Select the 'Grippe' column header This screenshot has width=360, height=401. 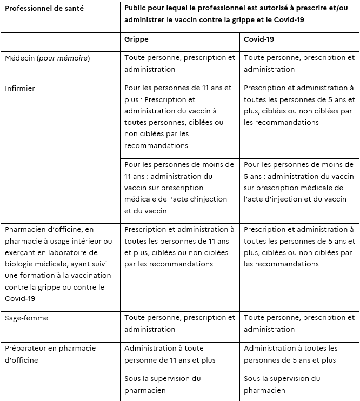coord(136,39)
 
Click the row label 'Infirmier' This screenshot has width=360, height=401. coord(19,88)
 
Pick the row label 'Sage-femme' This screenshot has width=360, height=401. coord(26,318)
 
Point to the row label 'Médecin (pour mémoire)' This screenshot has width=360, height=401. coord(47,58)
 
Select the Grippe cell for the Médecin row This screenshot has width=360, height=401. coord(179,63)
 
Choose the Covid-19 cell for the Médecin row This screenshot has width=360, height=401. coord(299,63)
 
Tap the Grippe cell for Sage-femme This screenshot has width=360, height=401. coord(179,323)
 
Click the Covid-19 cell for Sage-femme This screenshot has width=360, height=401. coord(299,323)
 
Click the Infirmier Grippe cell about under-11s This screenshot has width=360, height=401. coord(179,188)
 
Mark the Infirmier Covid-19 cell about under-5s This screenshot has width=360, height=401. coord(299,182)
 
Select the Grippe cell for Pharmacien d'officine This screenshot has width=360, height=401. coord(179,247)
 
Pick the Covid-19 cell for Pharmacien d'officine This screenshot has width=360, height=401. coord(299,247)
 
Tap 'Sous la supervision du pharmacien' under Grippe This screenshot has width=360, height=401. coord(162,384)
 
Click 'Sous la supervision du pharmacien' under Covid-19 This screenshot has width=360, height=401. coord(282,384)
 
